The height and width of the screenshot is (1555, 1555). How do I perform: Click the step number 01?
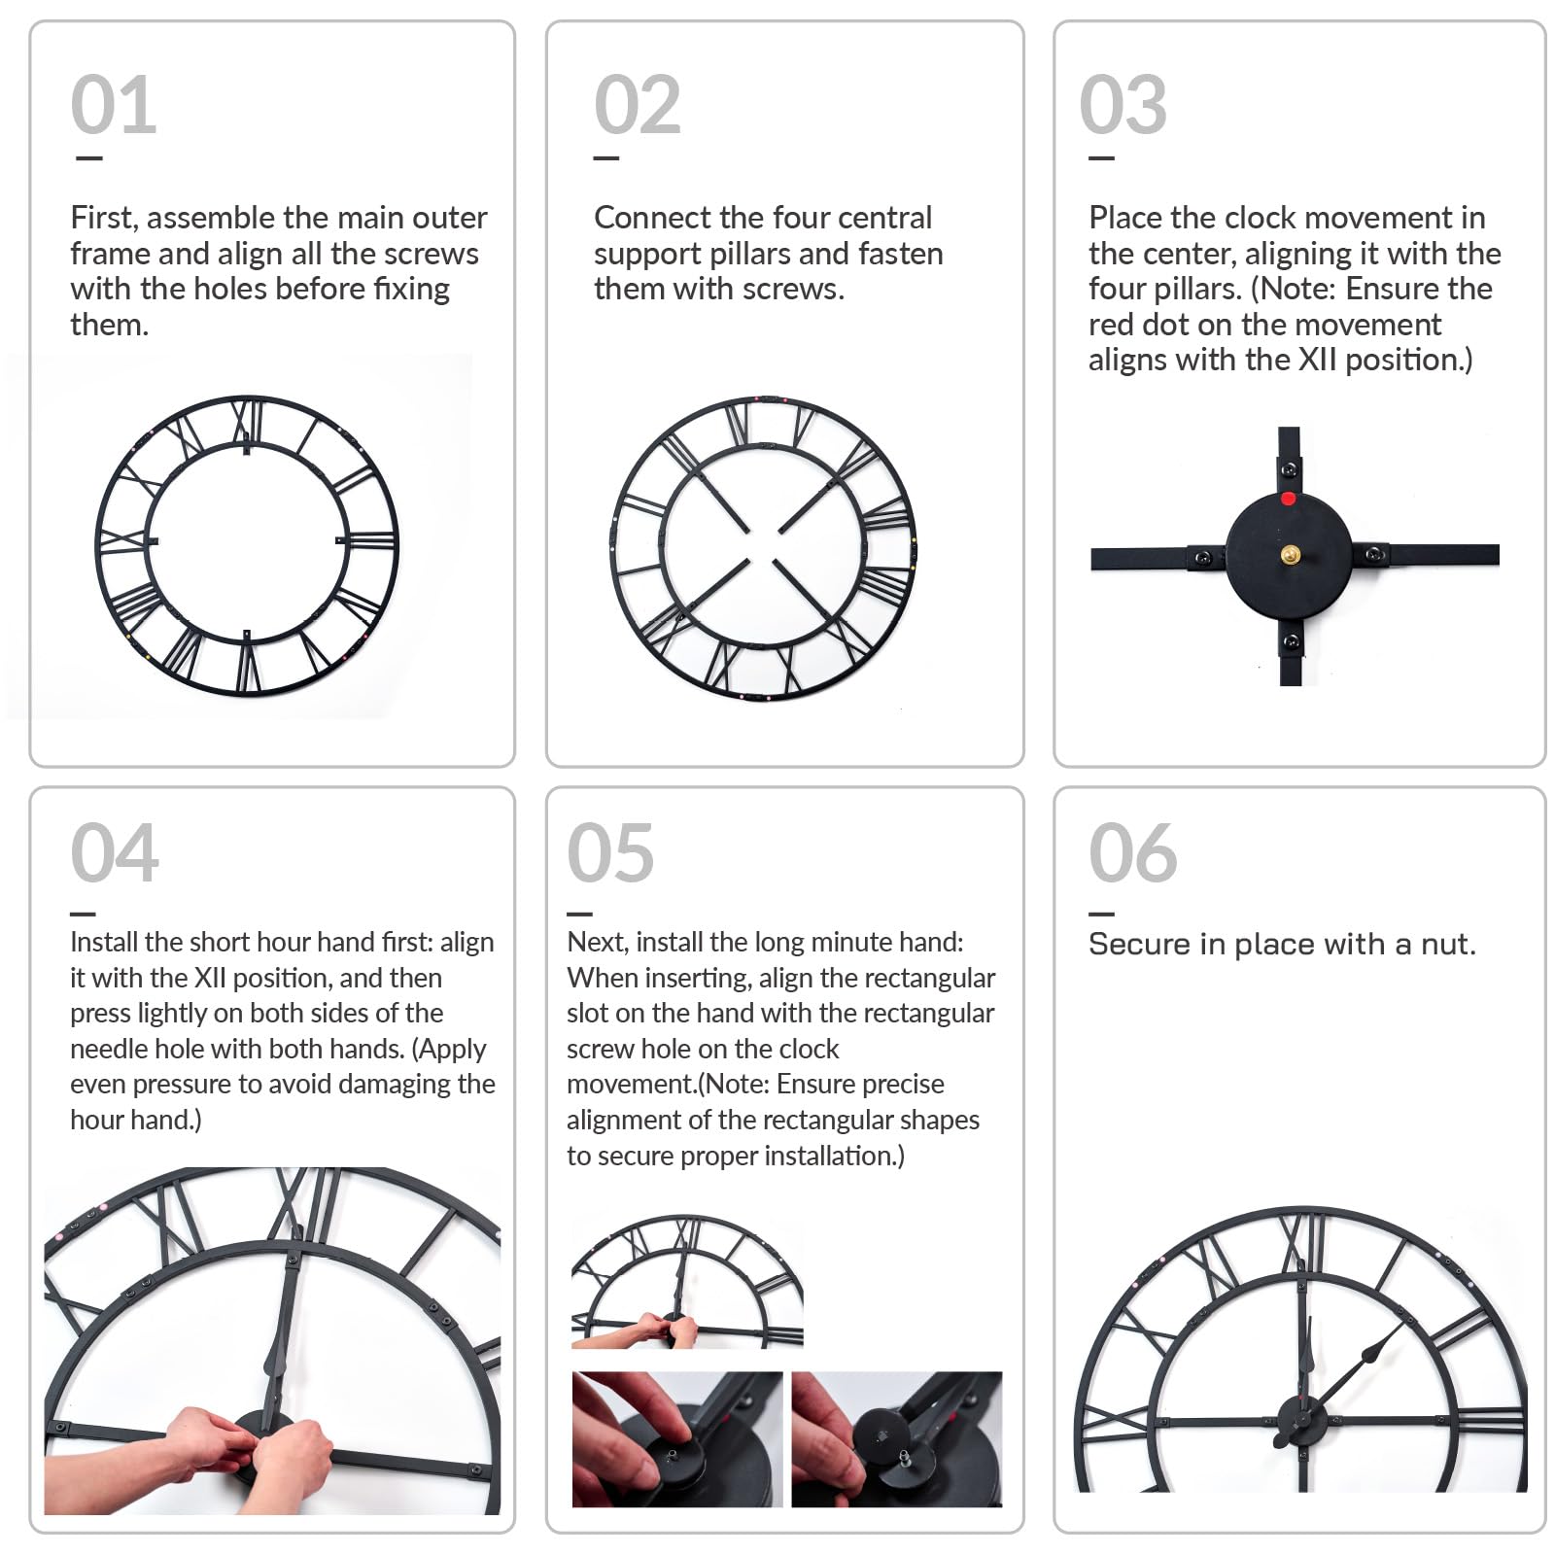pyautogui.click(x=114, y=104)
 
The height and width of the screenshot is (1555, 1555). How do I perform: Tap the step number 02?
pyautogui.click(x=638, y=104)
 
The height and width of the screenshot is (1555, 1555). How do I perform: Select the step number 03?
pyautogui.click(x=1123, y=104)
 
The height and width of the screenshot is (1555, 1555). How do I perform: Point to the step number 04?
pyautogui.click(x=115, y=852)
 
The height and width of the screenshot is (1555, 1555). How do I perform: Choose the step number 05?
pyautogui.click(x=611, y=852)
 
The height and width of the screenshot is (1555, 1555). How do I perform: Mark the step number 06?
pyautogui.click(x=1133, y=852)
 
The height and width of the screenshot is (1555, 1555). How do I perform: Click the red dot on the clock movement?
pyautogui.click(x=1288, y=499)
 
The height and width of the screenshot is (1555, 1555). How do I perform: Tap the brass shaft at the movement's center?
pyautogui.click(x=1290, y=555)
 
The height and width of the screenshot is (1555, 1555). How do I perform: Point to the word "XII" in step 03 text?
pyautogui.click(x=1318, y=360)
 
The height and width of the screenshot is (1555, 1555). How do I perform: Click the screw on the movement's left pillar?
pyautogui.click(x=1203, y=558)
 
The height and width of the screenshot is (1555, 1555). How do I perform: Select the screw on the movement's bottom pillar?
pyautogui.click(x=1291, y=641)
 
